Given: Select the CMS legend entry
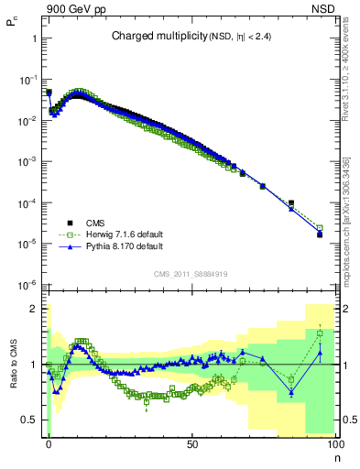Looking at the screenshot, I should pyautogui.click(x=96, y=222).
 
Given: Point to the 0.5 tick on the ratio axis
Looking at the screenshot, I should pyautogui.click(x=29, y=420).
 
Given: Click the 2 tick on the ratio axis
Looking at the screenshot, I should pyautogui.click(x=34, y=309).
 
